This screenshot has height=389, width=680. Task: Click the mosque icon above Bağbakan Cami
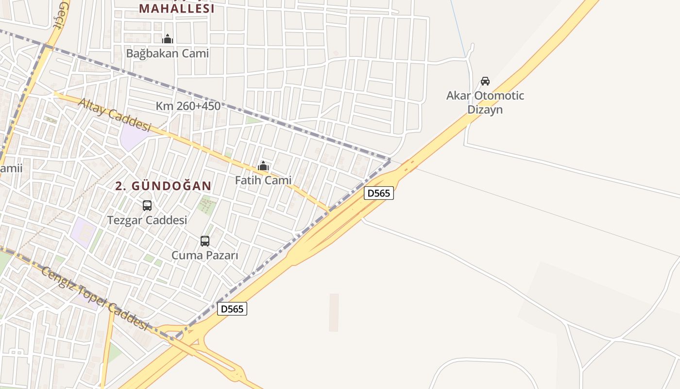[168, 39]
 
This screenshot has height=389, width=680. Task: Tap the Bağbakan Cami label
[168, 53]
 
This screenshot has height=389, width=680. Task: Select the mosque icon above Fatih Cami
[263, 166]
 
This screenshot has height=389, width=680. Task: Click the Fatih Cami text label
[263, 180]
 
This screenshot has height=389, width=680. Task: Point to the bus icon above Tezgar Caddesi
[147, 206]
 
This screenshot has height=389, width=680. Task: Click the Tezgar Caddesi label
[147, 220]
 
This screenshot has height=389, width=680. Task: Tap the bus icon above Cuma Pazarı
[205, 241]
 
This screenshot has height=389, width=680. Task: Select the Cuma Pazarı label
[205, 255]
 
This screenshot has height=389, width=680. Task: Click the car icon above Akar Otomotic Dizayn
[485, 81]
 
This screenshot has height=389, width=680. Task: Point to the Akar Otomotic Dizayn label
[485, 102]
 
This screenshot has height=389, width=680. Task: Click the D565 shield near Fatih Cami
[378, 193]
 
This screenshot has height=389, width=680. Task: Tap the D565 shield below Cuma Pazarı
[232, 309]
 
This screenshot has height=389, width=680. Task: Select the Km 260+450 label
[188, 106]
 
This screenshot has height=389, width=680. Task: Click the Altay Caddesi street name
[115, 115]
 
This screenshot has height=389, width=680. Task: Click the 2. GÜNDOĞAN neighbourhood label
[164, 186]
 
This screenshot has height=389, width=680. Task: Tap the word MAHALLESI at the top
[177, 9]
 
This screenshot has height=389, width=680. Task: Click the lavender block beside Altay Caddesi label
[132, 135]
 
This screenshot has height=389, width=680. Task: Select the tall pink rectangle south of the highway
[334, 312]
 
